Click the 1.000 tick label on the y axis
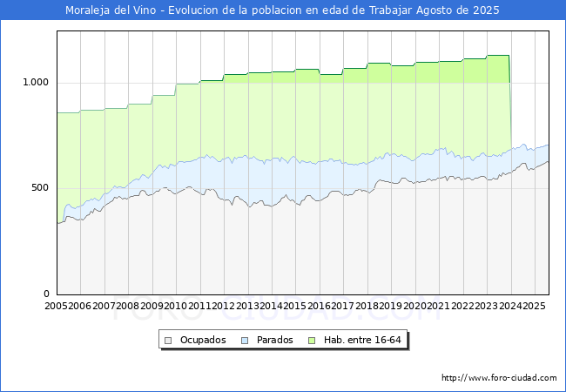pos(36,82)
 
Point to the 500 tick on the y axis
pos(40,187)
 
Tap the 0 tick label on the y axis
pos(46,294)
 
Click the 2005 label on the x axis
pos(56,306)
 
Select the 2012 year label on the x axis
pos(223,306)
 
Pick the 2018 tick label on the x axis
pos(367,306)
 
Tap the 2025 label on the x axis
pos(534,306)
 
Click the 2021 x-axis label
pos(439,306)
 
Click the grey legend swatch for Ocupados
pos(168,341)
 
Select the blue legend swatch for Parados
pos(245,341)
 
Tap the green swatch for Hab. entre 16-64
pos(312,341)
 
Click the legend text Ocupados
pos(203,340)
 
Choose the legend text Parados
pos(274,340)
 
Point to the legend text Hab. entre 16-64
pos(362,340)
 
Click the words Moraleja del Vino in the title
pos(111,10)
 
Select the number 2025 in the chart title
pos(486,10)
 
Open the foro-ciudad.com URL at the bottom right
pos(499,378)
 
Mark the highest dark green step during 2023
pos(498,55)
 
